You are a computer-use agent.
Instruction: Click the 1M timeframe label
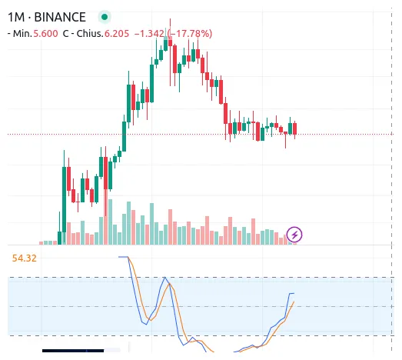click(x=18, y=15)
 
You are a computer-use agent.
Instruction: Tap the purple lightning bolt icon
click(x=294, y=234)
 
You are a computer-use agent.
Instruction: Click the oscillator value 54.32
click(x=25, y=258)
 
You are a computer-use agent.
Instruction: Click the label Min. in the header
click(x=18, y=33)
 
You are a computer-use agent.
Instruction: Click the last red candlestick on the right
click(x=294, y=128)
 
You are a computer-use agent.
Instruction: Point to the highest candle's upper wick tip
click(x=170, y=18)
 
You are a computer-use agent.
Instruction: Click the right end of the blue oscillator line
click(x=294, y=293)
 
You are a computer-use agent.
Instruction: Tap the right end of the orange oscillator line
click(x=294, y=302)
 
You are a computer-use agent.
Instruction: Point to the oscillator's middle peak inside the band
click(x=165, y=278)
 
